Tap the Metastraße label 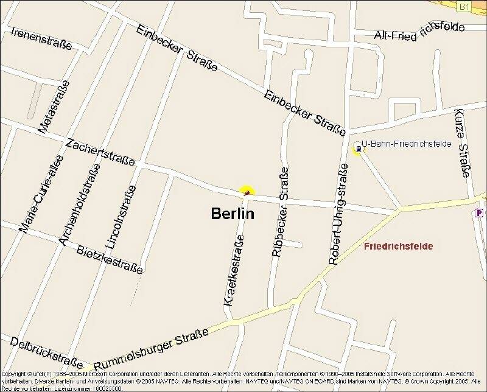click(x=54, y=106)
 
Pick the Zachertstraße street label click(x=100, y=152)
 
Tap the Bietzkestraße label click(x=110, y=259)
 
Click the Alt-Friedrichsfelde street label click(x=419, y=32)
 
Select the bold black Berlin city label click(x=233, y=214)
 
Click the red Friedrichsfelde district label click(x=398, y=247)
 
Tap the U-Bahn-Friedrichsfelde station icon click(x=357, y=147)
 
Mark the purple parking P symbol click(x=480, y=213)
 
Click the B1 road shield click(x=464, y=7)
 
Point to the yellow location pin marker click(x=247, y=192)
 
